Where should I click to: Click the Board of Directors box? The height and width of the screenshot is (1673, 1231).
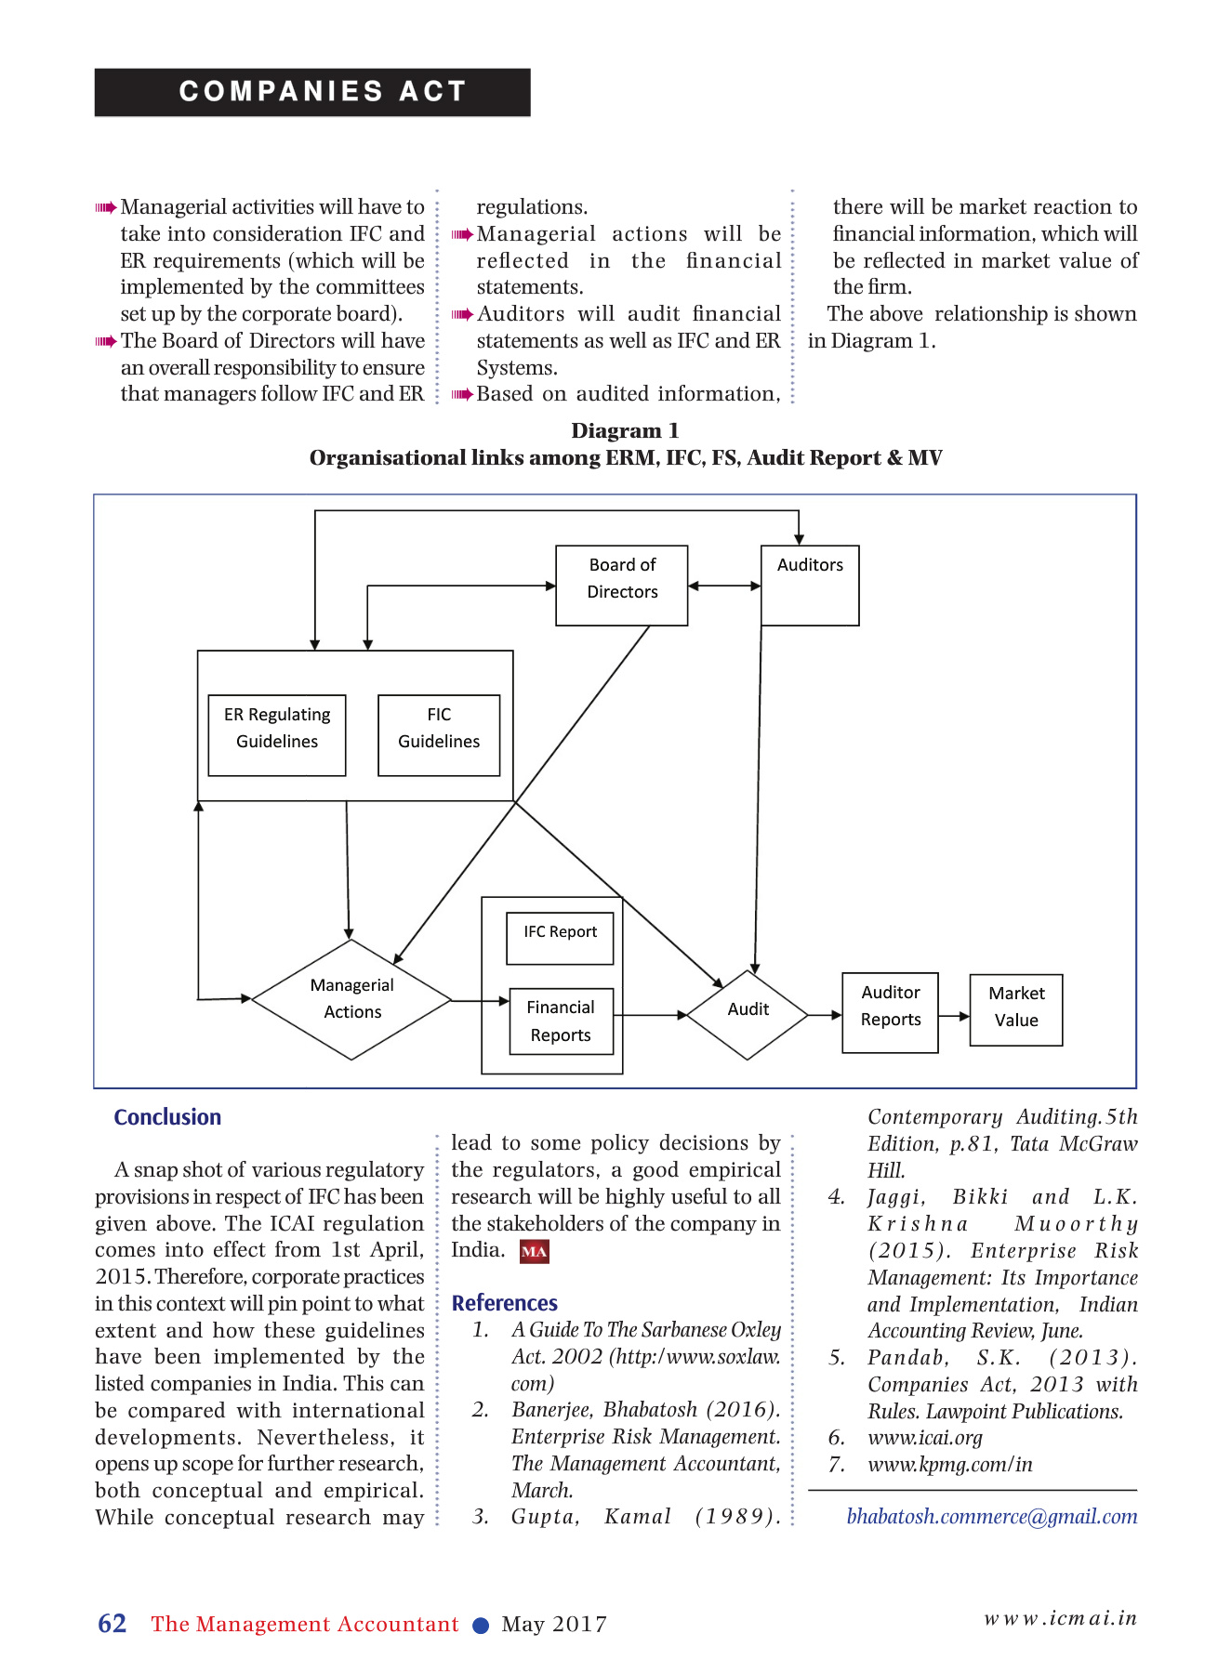tap(622, 586)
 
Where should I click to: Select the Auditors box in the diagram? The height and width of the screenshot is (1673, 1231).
tap(810, 586)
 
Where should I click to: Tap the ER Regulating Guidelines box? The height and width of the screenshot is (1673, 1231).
tap(277, 735)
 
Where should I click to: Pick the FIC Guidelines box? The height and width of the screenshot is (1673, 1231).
tap(439, 735)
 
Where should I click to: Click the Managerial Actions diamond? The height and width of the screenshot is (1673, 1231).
tap(351, 999)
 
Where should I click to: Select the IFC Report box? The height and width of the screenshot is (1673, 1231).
tap(560, 939)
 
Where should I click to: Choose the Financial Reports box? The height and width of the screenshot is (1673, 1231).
tap(561, 1021)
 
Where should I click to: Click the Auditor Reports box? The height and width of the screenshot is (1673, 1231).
tap(890, 1013)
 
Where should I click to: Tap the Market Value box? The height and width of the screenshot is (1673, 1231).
tap(1015, 1010)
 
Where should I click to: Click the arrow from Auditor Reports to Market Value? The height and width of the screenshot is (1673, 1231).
tap(954, 1016)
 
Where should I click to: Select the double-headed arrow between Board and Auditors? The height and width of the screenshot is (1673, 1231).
tap(724, 586)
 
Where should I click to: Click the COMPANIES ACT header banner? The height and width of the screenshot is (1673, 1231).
tap(312, 92)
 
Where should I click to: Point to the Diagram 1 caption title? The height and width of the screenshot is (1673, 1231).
tap(625, 431)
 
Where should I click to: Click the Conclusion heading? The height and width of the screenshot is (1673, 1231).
tap(167, 1117)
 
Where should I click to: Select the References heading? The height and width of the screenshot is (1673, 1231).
tap(505, 1303)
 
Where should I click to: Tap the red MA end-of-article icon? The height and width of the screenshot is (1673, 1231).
tap(535, 1252)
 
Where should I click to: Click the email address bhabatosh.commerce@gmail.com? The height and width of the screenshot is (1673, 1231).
tap(991, 1517)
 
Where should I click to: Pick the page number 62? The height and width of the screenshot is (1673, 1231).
tap(113, 1624)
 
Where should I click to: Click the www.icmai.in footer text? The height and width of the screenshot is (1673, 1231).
tap(1060, 1618)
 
